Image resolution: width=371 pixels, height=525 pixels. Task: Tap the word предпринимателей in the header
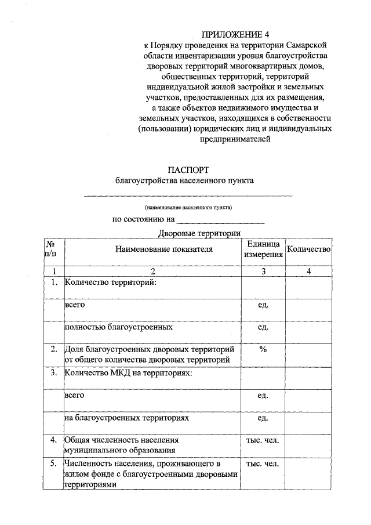click(x=237, y=139)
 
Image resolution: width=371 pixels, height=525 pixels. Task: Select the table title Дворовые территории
click(x=199, y=233)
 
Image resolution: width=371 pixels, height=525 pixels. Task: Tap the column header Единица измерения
click(x=263, y=249)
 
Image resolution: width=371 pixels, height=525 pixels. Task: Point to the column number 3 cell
click(x=263, y=271)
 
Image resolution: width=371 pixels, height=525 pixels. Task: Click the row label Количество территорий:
click(x=111, y=283)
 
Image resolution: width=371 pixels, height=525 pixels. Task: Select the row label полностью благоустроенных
click(x=118, y=327)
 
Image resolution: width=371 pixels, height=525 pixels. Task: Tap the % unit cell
click(x=263, y=349)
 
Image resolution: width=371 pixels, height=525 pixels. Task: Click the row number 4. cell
click(x=53, y=440)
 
